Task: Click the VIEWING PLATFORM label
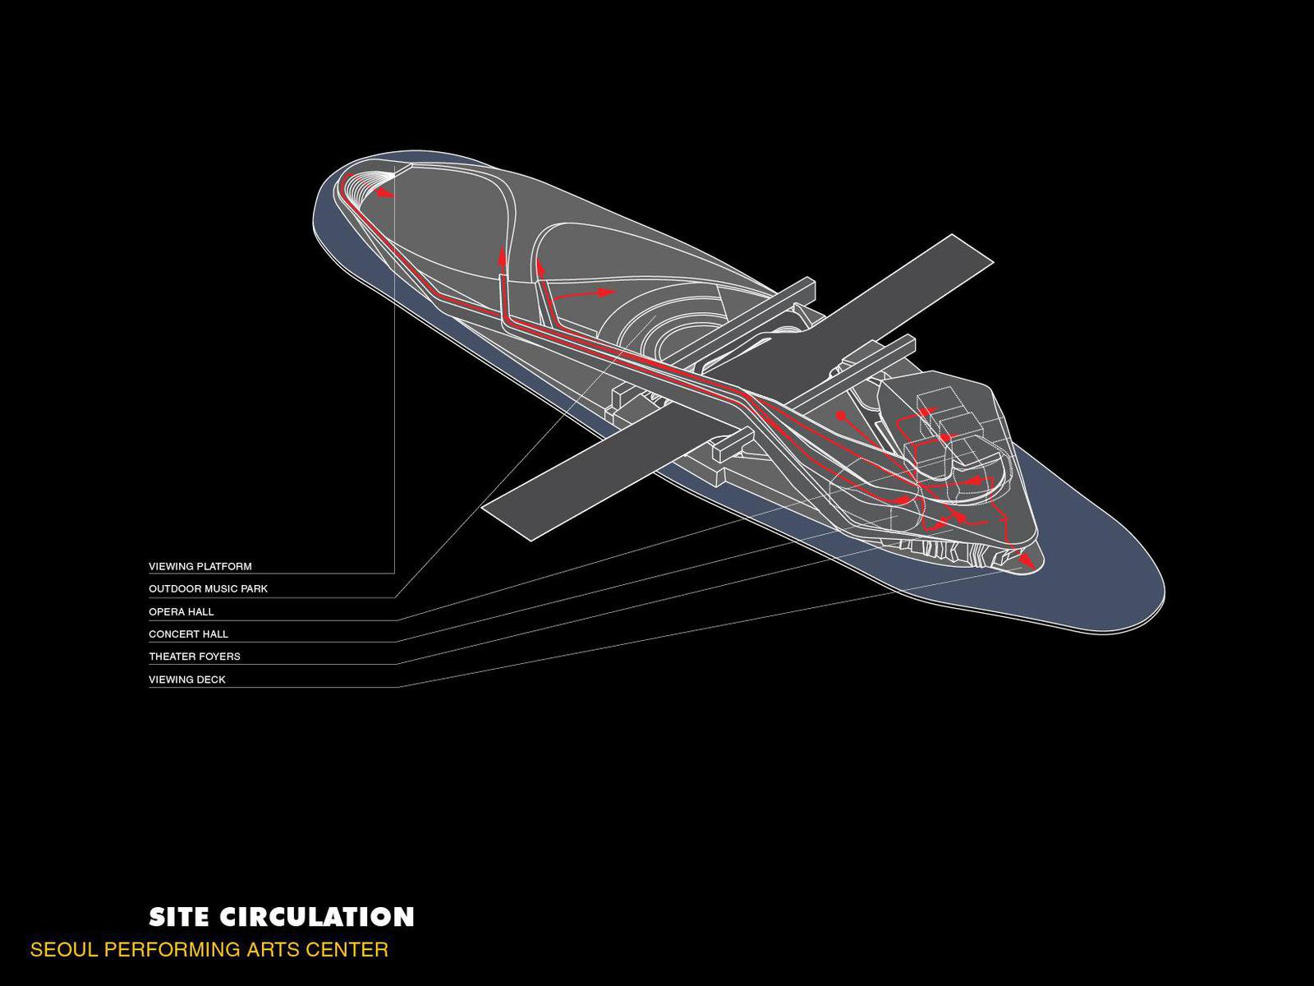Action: pyautogui.click(x=200, y=566)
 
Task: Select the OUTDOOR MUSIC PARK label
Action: pyautogui.click(x=208, y=588)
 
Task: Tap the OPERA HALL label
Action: pyautogui.click(x=181, y=611)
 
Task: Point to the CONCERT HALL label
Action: pyautogui.click(x=188, y=634)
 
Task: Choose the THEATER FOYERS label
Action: pyautogui.click(x=194, y=657)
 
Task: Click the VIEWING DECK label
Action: pyautogui.click(x=186, y=680)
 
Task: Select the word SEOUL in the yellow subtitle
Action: pyautogui.click(x=62, y=950)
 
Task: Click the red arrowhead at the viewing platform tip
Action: pyautogui.click(x=385, y=194)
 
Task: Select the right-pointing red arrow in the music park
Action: pyautogui.click(x=605, y=292)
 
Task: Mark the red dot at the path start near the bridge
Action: pyautogui.click(x=840, y=416)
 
